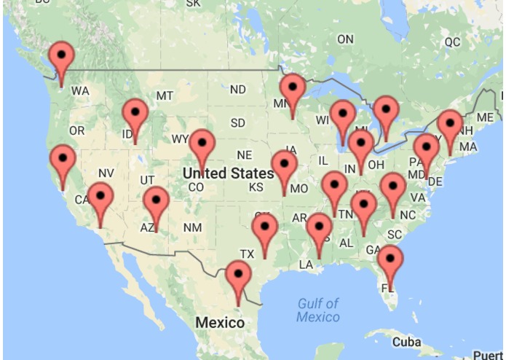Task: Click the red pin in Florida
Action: coord(390,260)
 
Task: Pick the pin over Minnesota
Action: coord(293,88)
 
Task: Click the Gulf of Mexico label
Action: coord(318,310)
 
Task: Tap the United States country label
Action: coord(228,173)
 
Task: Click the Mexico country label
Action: coord(220,322)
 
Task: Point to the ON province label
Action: coord(345,39)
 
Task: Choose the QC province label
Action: coord(452,42)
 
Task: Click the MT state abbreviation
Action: coord(165,95)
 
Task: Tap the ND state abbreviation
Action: coord(237,90)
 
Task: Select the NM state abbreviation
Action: coord(192,228)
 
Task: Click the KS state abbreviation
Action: coord(256,187)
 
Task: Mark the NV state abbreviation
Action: coord(106,173)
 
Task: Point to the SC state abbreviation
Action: coord(394,234)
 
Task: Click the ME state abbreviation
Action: coord(485,117)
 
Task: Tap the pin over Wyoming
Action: coord(202,144)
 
